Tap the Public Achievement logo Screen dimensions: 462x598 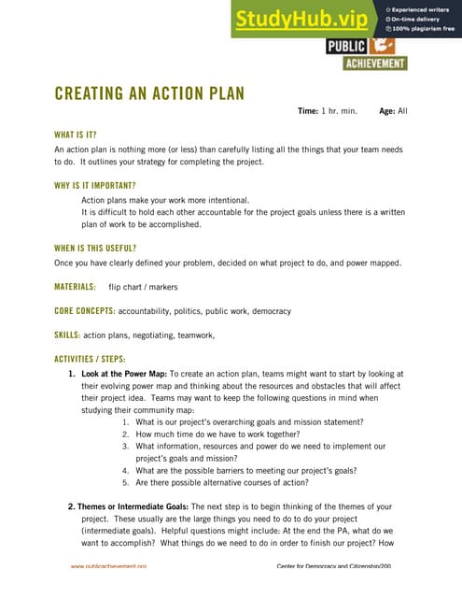[366, 54]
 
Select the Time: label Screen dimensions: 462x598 [308, 111]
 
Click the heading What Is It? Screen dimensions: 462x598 [76, 135]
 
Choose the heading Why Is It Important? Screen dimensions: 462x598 [95, 185]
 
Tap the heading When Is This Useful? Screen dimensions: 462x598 [95, 248]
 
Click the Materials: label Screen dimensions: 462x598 [75, 287]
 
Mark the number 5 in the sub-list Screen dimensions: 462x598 [126, 483]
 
